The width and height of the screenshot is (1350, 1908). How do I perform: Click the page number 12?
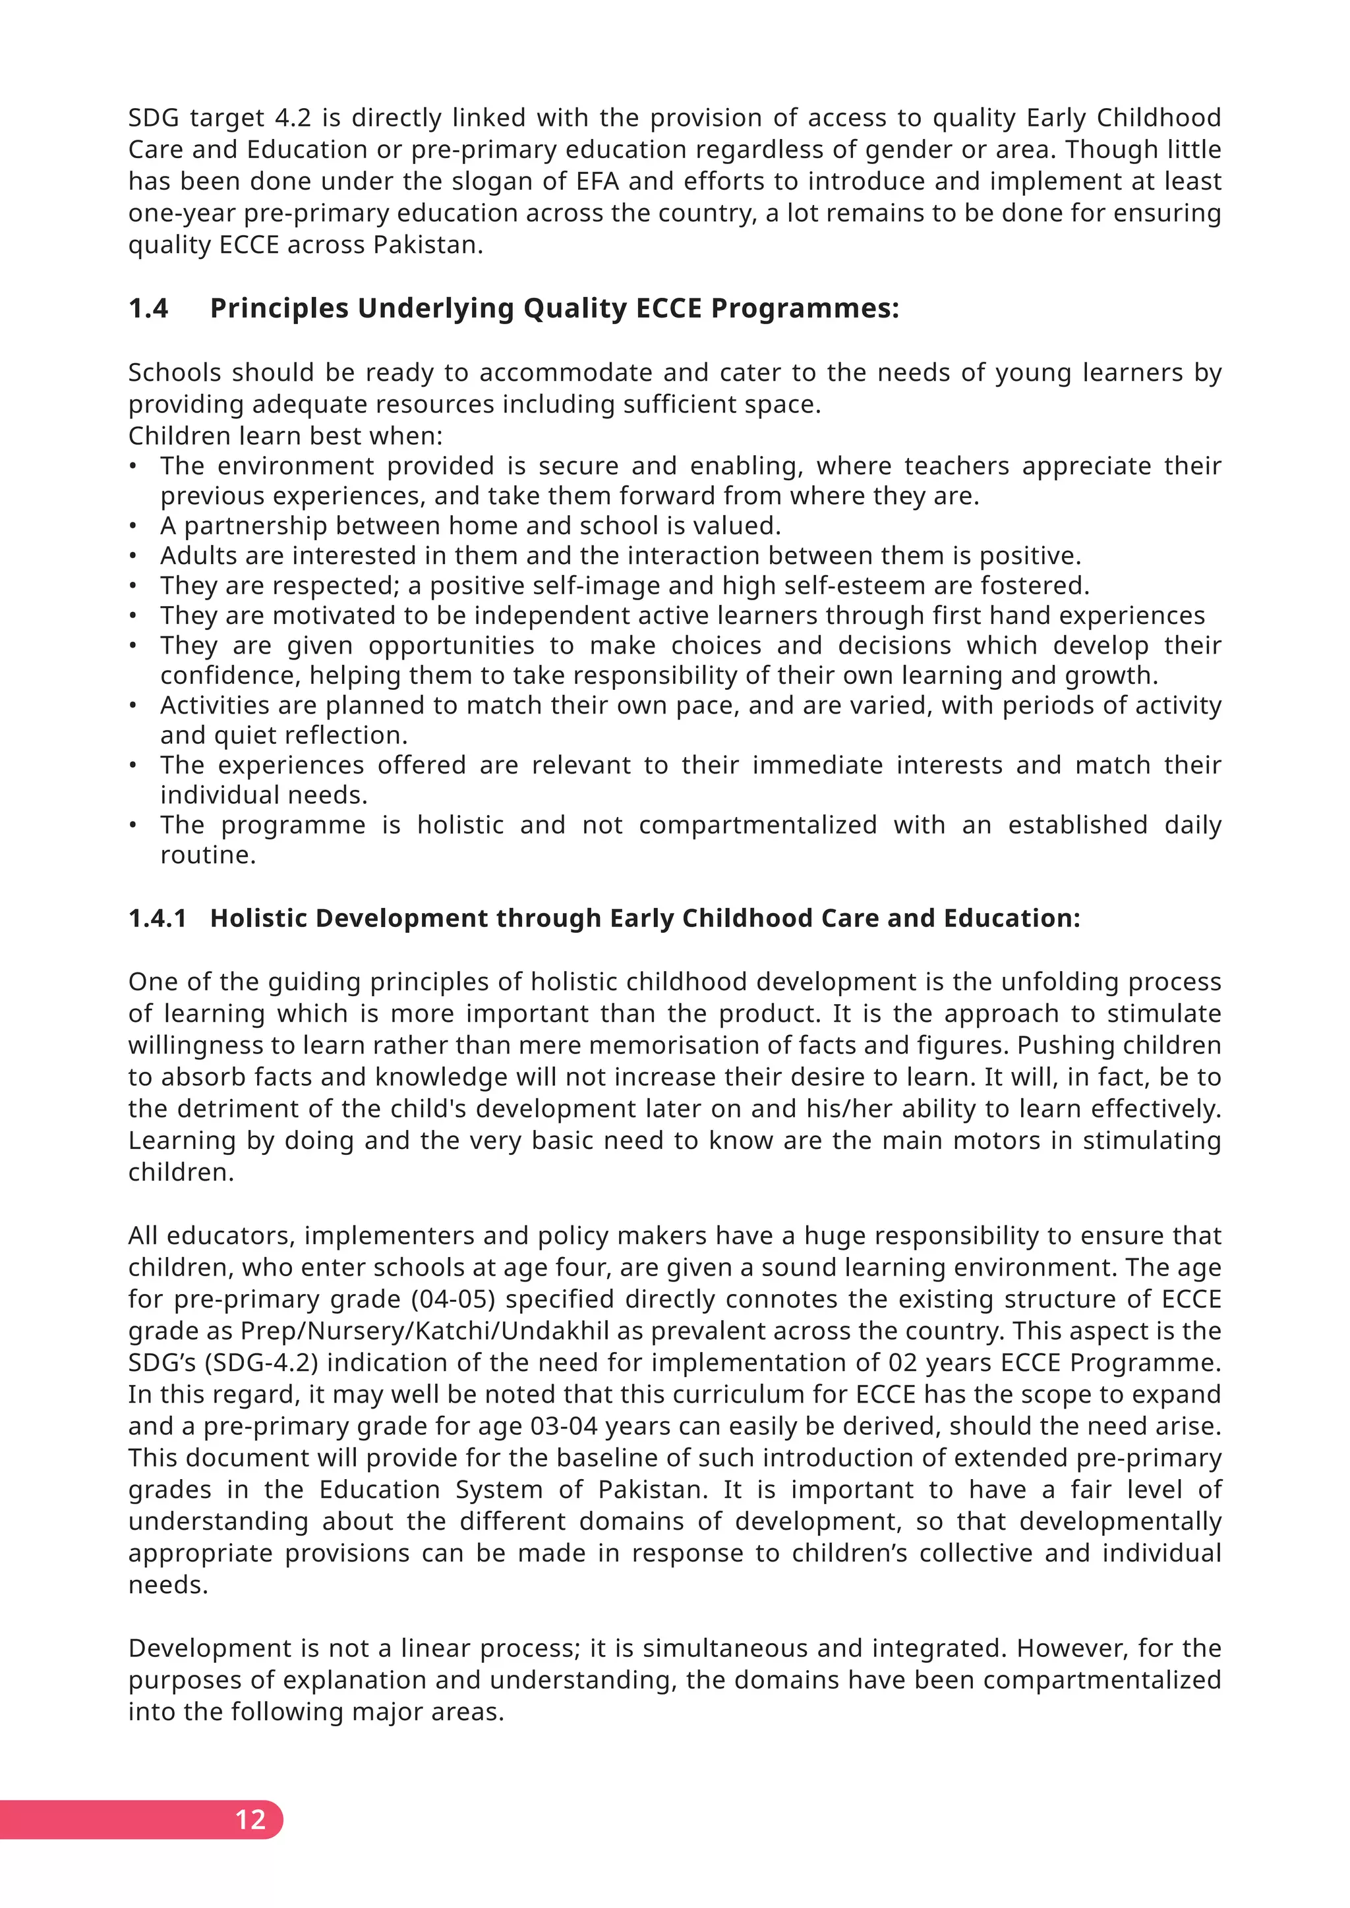(250, 1819)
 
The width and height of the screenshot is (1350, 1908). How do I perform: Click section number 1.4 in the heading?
(148, 308)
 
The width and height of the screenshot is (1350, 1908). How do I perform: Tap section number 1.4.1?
(157, 918)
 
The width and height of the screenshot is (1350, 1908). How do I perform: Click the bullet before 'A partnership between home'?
(133, 526)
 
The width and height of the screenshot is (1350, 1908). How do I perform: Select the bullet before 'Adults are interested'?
(133, 556)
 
